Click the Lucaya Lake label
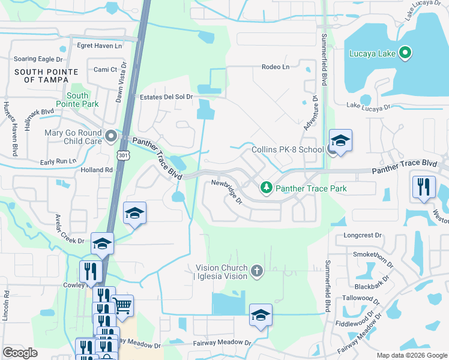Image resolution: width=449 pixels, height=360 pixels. [373, 53]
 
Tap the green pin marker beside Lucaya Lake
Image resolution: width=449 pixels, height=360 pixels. [405, 53]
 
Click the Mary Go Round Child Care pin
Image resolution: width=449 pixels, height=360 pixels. [110, 137]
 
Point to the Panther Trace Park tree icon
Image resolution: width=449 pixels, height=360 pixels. [266, 188]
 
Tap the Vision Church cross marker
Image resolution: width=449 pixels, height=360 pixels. [257, 271]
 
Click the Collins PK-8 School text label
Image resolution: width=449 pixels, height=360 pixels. [288, 150]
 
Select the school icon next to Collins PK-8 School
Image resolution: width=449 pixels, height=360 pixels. [340, 142]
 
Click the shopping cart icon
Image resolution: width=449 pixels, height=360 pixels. [122, 306]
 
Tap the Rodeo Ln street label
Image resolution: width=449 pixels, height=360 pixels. [276, 67]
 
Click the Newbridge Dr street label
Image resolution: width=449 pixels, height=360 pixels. [227, 191]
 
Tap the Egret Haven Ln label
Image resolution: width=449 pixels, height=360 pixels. [100, 46]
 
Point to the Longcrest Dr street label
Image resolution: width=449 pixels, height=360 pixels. [363, 235]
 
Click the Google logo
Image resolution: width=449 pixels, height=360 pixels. [20, 353]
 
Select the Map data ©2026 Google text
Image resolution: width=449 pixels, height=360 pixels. [411, 355]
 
